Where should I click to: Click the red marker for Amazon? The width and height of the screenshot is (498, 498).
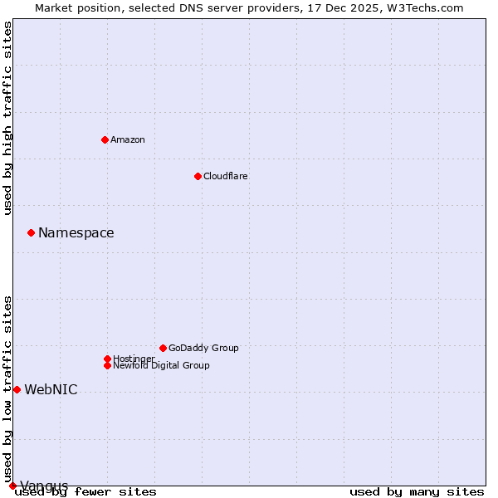tap(105, 139)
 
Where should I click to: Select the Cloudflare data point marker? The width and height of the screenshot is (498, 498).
tap(198, 176)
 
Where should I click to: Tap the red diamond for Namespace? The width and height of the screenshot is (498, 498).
tap(31, 232)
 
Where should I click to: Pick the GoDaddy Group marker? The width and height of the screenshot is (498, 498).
tap(163, 348)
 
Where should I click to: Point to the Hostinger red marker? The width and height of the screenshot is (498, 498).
tap(107, 359)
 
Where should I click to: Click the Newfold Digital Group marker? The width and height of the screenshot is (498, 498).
tap(107, 365)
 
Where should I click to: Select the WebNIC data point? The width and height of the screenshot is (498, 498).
tap(17, 389)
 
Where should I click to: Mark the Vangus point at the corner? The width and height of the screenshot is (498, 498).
tap(12, 486)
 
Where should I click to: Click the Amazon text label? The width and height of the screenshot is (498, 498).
tap(127, 139)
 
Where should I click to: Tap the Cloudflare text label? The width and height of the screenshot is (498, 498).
tap(225, 176)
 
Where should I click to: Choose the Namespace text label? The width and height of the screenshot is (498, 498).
tap(76, 232)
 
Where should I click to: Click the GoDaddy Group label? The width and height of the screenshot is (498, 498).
tap(203, 348)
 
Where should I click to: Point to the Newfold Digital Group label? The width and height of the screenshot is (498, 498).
tap(161, 365)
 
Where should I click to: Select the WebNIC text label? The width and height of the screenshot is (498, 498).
tap(51, 389)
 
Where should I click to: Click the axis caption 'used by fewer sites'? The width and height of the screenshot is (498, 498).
tap(85, 491)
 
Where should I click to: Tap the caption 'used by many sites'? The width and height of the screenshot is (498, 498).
tap(417, 491)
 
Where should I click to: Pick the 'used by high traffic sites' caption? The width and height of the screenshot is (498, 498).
tap(7, 118)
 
